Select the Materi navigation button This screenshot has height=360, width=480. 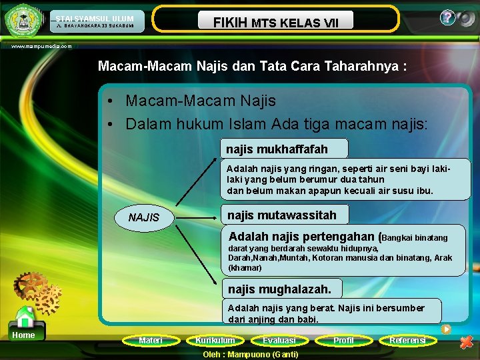click(150, 341)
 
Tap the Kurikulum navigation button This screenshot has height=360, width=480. click(215, 341)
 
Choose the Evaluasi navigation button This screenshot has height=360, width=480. click(279, 341)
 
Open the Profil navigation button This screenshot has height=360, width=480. click(343, 341)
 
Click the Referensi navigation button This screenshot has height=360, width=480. click(407, 341)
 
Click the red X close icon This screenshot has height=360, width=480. click(467, 343)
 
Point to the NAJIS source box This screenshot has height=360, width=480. click(144, 217)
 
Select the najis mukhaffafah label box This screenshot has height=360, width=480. click(284, 148)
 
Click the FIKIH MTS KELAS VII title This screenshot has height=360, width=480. click(275, 23)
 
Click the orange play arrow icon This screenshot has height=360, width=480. click(446, 329)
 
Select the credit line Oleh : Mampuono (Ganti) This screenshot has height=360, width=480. click(250, 354)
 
